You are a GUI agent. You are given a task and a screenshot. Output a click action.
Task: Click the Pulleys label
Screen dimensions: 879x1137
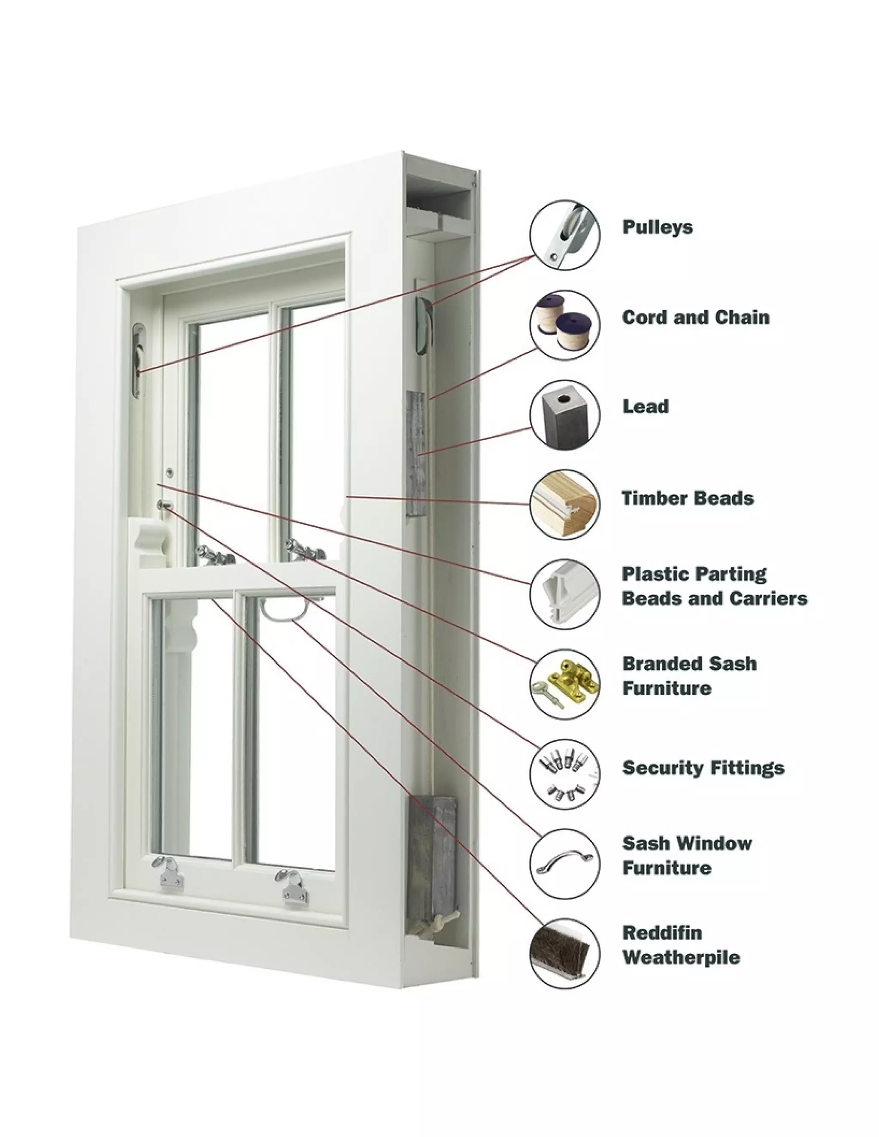[x=657, y=227]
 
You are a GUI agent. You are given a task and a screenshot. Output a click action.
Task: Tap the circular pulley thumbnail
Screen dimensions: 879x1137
[x=564, y=235]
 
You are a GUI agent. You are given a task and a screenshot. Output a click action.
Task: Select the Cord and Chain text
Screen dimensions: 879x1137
[x=695, y=317]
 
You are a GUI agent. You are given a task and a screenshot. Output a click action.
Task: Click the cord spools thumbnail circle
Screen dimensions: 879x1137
[x=564, y=325]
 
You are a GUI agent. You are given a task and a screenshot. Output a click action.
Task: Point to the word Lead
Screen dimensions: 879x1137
[x=645, y=407]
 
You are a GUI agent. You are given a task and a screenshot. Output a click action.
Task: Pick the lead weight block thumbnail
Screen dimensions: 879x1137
[x=564, y=414]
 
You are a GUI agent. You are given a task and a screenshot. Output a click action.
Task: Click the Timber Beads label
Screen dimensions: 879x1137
[x=688, y=498]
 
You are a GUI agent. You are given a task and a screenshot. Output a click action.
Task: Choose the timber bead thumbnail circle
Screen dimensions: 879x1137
[x=564, y=504]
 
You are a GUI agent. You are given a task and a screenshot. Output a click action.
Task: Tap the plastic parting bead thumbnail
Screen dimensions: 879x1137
[x=564, y=594]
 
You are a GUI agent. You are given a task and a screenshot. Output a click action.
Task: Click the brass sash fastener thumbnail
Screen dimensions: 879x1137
[x=564, y=684]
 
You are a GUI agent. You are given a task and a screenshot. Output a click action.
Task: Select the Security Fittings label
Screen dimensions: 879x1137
[x=703, y=768]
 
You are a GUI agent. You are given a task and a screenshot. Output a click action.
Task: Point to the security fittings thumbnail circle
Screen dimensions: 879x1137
[x=564, y=774]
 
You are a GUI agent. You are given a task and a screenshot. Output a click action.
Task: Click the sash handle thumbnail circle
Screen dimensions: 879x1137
[x=564, y=864]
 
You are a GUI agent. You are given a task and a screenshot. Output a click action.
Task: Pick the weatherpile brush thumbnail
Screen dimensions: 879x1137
[x=564, y=954]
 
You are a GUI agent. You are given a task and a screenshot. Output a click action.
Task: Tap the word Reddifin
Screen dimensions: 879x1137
[x=662, y=932]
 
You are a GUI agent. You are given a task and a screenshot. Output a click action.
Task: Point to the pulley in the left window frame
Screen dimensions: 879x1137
[x=138, y=360]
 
